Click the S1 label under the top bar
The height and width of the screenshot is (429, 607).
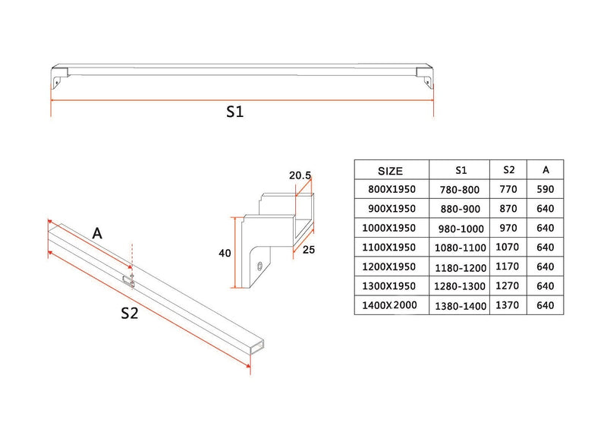(x=235, y=112)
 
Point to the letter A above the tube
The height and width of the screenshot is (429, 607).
(x=97, y=234)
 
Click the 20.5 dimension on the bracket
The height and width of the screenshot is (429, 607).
(x=300, y=175)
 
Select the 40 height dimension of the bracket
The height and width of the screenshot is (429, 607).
(x=225, y=254)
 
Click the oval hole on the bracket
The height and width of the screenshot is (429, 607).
(x=261, y=266)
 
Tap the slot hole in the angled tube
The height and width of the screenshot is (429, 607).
(x=130, y=281)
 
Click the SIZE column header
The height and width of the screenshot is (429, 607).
(x=390, y=171)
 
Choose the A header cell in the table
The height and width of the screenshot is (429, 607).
(x=546, y=170)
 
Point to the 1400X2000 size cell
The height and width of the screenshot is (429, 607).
(x=390, y=305)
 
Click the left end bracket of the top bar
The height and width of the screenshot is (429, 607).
(x=58, y=77)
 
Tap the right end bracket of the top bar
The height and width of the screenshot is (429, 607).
(x=426, y=77)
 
